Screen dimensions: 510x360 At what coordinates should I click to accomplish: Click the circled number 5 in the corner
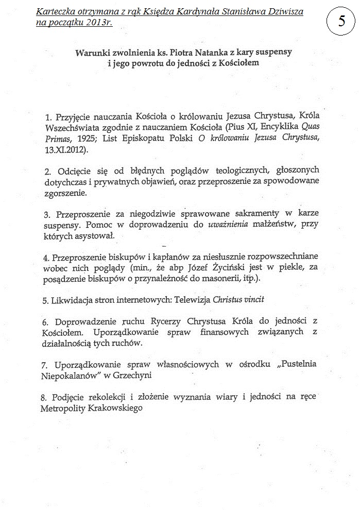(x=341, y=22)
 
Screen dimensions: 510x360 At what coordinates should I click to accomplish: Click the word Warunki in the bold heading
(x=93, y=53)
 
